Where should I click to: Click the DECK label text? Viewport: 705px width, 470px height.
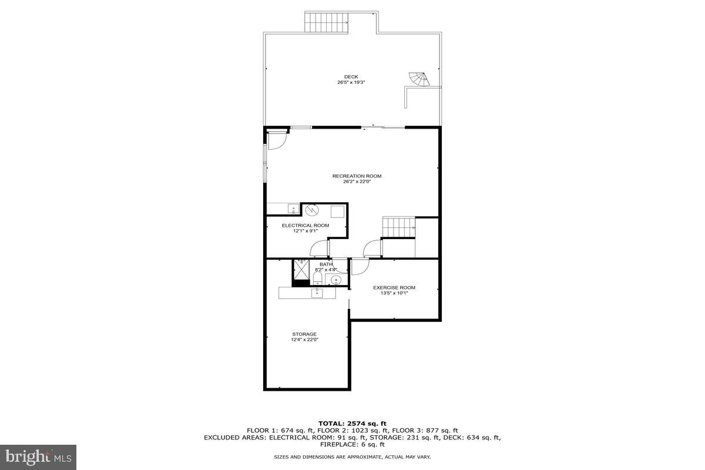coord(351,76)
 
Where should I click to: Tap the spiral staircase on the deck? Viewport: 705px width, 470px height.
coord(419,79)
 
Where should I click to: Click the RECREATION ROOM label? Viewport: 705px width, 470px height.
coord(357,176)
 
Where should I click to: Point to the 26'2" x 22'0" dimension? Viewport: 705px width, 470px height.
coord(357,182)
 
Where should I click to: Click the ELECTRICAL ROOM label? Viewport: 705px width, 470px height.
coord(305,225)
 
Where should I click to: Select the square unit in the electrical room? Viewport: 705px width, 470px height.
coord(337,212)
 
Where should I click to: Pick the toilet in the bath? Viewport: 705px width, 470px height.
coord(317,278)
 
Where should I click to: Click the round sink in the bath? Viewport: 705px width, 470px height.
coord(336,279)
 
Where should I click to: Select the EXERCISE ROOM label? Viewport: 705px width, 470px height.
coord(394,287)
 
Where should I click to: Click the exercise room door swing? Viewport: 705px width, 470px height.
coord(360,268)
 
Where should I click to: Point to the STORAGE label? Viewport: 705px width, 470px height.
coord(304,334)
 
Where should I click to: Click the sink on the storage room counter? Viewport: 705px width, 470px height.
coord(317,292)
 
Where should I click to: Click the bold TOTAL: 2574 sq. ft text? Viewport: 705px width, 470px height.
coord(352,423)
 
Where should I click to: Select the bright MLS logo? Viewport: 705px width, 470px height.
coord(38,456)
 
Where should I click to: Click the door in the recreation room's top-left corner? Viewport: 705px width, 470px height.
coord(277,141)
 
